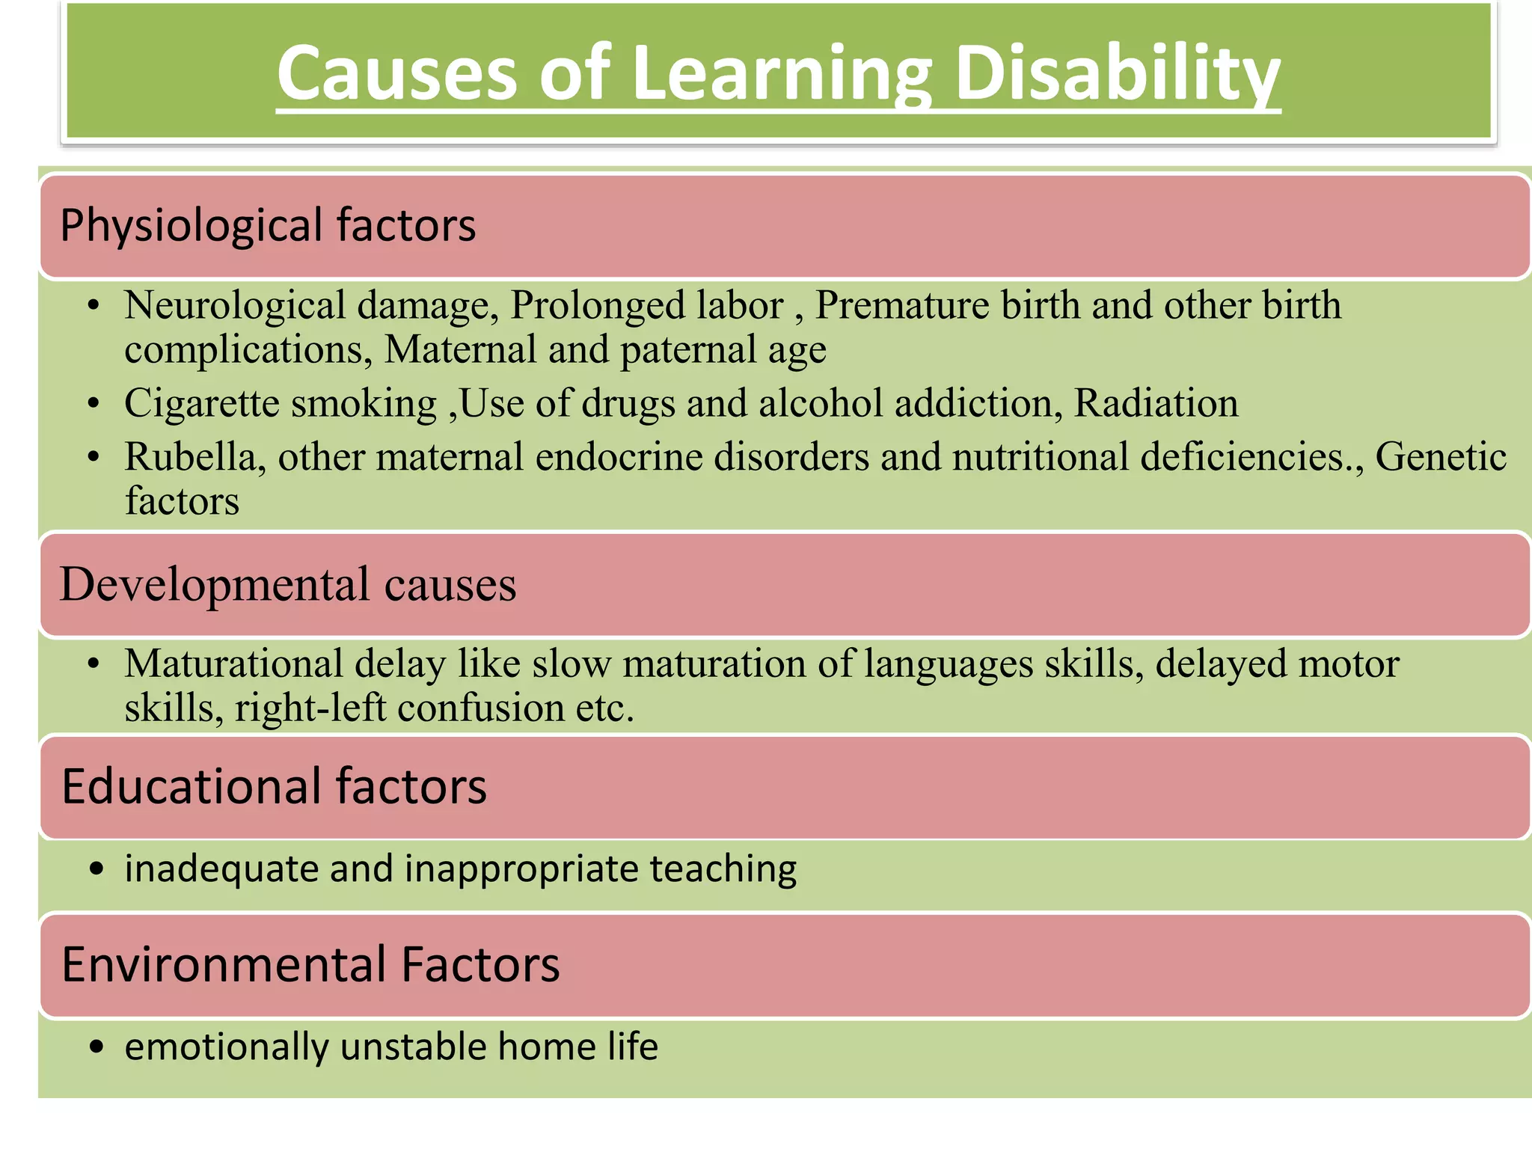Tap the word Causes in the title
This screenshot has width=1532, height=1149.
click(x=397, y=73)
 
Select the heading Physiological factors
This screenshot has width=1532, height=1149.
click(x=268, y=225)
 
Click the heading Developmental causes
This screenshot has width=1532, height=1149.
click(x=288, y=584)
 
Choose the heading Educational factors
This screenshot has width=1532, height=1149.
click(x=274, y=786)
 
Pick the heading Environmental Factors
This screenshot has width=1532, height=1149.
click(x=310, y=964)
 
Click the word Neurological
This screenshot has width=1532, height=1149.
click(x=235, y=306)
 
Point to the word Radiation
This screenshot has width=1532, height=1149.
click(x=1156, y=403)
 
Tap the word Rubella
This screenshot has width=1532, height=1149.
click(x=195, y=456)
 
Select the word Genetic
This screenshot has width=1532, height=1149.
click(x=1441, y=456)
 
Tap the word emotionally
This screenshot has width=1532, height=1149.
click(x=227, y=1047)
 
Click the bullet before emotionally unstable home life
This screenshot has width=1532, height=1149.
click(x=95, y=1047)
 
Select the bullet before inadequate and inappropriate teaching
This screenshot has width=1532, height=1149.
click(x=95, y=869)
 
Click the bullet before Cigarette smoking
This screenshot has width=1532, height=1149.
click(x=93, y=404)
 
